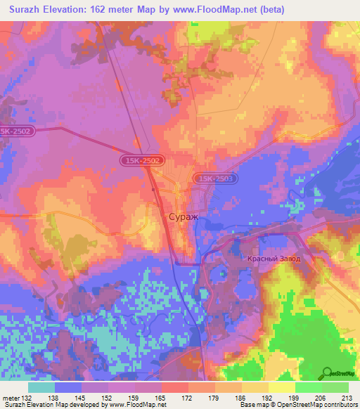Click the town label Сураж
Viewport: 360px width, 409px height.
(184, 217)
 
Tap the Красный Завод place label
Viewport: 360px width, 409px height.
(274, 259)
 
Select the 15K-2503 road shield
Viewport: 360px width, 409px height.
(215, 180)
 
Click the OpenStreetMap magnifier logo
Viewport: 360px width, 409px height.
(340, 373)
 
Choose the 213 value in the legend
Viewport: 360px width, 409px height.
(347, 397)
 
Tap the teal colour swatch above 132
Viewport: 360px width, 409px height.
(41, 387)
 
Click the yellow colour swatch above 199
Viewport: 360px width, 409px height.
(282, 387)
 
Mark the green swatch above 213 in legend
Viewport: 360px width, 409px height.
(335, 387)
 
